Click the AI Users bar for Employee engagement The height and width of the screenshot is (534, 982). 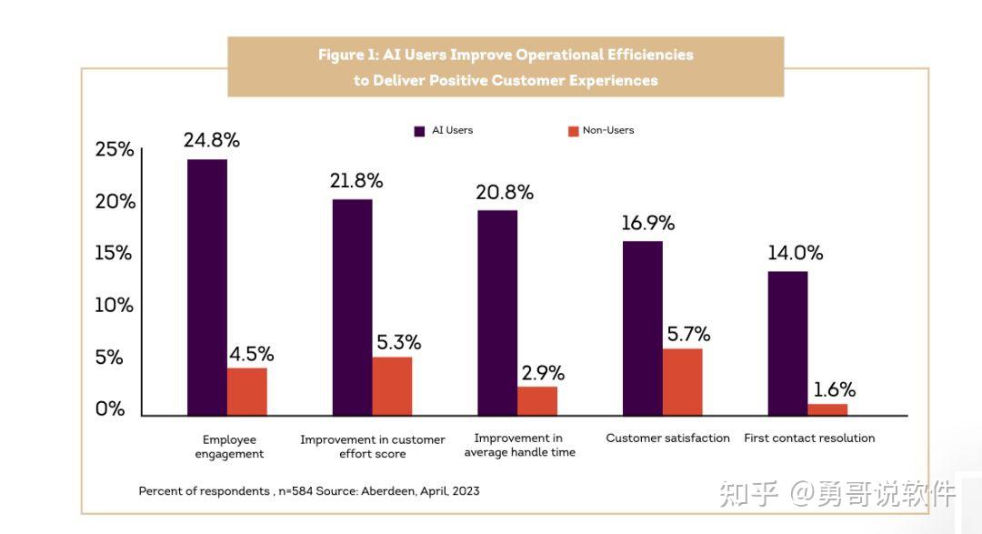click(207, 287)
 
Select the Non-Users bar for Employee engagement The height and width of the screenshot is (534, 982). click(247, 392)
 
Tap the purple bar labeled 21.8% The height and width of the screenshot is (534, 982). click(352, 307)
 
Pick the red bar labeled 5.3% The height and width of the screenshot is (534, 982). click(392, 387)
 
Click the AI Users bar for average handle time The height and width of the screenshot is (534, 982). click(497, 313)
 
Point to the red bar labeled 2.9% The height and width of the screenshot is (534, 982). click(537, 401)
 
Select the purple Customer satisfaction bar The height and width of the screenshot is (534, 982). click(643, 328)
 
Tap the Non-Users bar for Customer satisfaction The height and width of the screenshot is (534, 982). click(683, 382)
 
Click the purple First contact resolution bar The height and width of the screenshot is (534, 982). click(787, 344)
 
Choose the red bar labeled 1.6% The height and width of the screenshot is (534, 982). click(827, 409)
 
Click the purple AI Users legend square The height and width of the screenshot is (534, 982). click(419, 131)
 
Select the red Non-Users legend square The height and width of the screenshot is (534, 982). click(573, 131)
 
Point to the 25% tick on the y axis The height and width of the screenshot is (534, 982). click(115, 150)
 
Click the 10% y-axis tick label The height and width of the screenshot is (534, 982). click(115, 306)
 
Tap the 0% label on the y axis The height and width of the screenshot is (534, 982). click(110, 409)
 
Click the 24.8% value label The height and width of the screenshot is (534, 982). click(211, 140)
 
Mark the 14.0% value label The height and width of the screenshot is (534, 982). click(795, 253)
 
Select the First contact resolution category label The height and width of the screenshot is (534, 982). click(809, 438)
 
